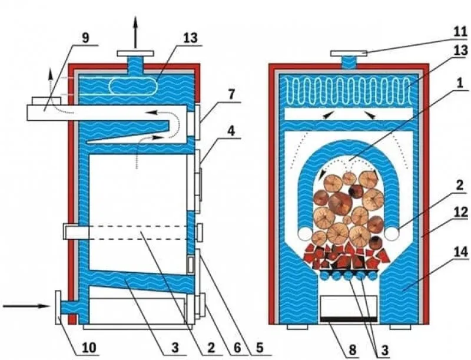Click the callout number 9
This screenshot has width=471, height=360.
click(x=85, y=38)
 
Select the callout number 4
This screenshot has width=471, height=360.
click(x=231, y=131)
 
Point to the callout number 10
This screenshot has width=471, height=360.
click(x=89, y=348)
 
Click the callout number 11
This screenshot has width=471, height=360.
click(x=460, y=32)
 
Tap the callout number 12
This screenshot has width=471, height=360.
click(x=461, y=212)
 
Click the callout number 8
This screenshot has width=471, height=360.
click(x=352, y=349)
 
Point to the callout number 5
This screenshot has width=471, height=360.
click(x=259, y=348)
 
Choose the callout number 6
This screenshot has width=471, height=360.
click(x=237, y=348)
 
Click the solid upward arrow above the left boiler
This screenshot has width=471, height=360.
click(x=135, y=32)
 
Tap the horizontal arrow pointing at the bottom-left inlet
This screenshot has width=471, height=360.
click(x=26, y=306)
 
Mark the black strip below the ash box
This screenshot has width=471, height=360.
click(x=349, y=319)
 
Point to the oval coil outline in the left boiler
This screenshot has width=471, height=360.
click(x=133, y=86)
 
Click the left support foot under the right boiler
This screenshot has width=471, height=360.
click(x=297, y=326)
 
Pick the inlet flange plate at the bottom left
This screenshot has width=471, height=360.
click(x=58, y=307)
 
